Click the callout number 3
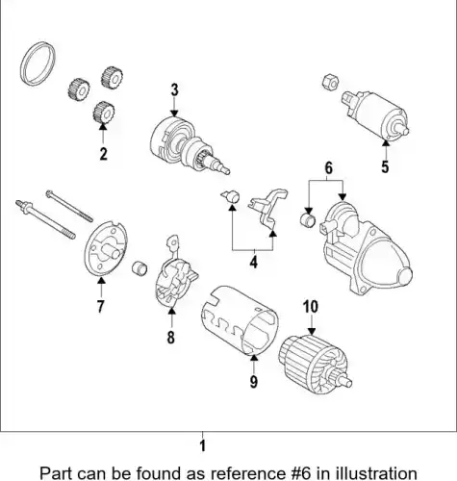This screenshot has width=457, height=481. click(x=174, y=90)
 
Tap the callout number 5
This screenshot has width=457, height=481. click(x=385, y=166)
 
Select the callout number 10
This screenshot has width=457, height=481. click(x=311, y=307)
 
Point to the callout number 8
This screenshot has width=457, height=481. click(x=171, y=337)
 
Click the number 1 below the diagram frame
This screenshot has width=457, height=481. click(x=202, y=445)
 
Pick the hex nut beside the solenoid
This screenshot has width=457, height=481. click(x=331, y=82)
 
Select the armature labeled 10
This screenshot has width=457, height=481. click(x=315, y=366)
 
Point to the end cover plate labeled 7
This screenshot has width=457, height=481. click(x=106, y=248)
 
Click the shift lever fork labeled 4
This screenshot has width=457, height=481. click(x=268, y=208)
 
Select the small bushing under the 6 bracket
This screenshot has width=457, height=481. click(x=308, y=220)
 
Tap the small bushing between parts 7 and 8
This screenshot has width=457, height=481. click(x=140, y=268)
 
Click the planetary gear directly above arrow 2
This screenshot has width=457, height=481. click(x=104, y=113)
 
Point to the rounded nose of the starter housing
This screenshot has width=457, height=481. click(x=404, y=276)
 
